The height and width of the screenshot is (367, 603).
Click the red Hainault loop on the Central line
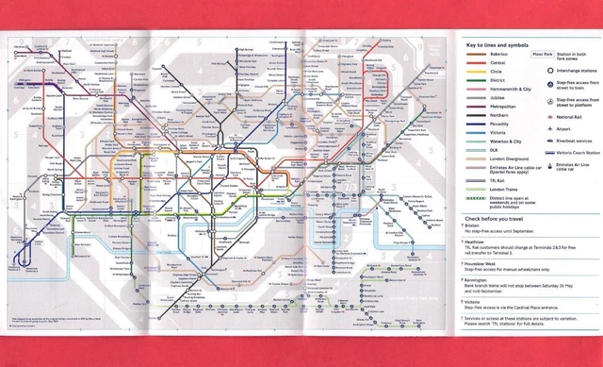point(378,79)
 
